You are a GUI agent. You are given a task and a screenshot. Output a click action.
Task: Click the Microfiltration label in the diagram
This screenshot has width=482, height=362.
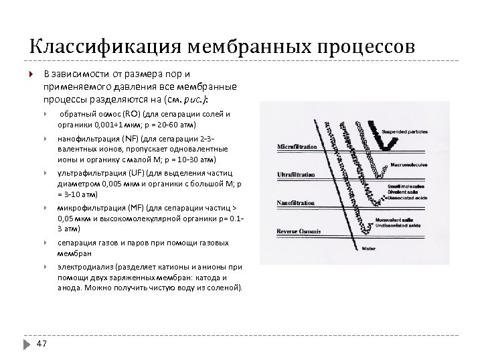click(297, 146)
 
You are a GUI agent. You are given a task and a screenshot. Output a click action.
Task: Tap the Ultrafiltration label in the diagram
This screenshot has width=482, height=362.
click(296, 175)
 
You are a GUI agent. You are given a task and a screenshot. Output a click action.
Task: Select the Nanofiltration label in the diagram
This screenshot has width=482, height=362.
click(295, 203)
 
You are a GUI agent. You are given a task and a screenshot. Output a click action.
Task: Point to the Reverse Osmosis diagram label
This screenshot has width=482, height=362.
click(299, 231)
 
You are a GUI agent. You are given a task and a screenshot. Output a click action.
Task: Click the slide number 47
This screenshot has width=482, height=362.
click(42, 343)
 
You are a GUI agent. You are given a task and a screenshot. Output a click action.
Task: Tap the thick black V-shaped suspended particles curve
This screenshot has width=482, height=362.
click(372, 137)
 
